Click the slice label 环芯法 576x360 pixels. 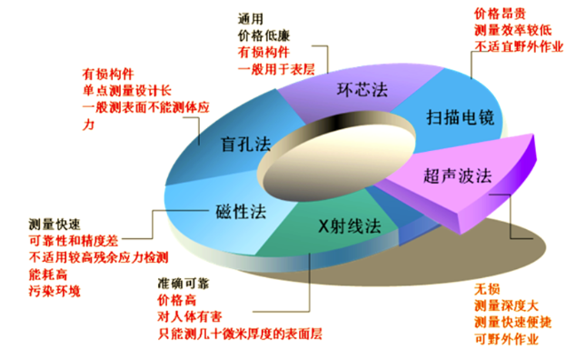pyautogui.click(x=362, y=90)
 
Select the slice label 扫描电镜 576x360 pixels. pyautogui.click(x=460, y=117)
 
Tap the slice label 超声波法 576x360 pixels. pyautogui.click(x=457, y=175)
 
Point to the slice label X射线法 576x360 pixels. pyautogui.click(x=350, y=225)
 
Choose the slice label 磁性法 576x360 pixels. pyautogui.click(x=241, y=212)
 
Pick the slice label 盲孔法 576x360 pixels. pyautogui.click(x=245, y=144)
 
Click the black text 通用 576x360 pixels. pyautogui.click(x=251, y=19)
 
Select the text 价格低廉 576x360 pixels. pyautogui.click(x=263, y=35)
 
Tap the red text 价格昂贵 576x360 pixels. pyautogui.click(x=500, y=14)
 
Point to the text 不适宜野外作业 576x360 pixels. pyautogui.click(x=519, y=46)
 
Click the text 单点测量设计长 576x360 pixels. pyautogui.click(x=126, y=91)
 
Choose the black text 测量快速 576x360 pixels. pyautogui.click(x=55, y=225)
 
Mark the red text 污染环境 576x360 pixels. pyautogui.click(x=55, y=291)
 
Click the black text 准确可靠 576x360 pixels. pyautogui.click(x=184, y=284)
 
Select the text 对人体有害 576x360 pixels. pyautogui.click(x=190, y=316)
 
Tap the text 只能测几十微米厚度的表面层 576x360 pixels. pyautogui.click(x=240, y=334)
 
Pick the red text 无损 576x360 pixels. pyautogui.click(x=487, y=289)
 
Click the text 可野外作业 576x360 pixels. pyautogui.click(x=506, y=339)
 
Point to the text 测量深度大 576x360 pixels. pyautogui.click(x=506, y=305)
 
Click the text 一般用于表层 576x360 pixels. pyautogui.click(x=276, y=69)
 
